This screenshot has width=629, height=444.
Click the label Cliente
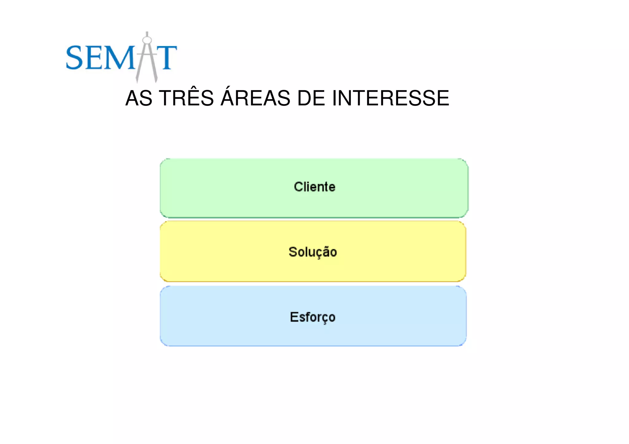pyautogui.click(x=314, y=187)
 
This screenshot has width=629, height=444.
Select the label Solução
pyautogui.click(x=313, y=252)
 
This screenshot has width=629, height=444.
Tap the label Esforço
pyautogui.click(x=313, y=317)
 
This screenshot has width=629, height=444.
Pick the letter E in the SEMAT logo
pyautogui.click(x=94, y=57)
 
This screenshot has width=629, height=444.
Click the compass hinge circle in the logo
pyautogui.click(x=147, y=40)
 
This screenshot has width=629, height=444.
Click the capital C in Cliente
pyautogui.click(x=299, y=187)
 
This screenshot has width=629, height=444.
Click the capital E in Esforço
pyautogui.click(x=294, y=317)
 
